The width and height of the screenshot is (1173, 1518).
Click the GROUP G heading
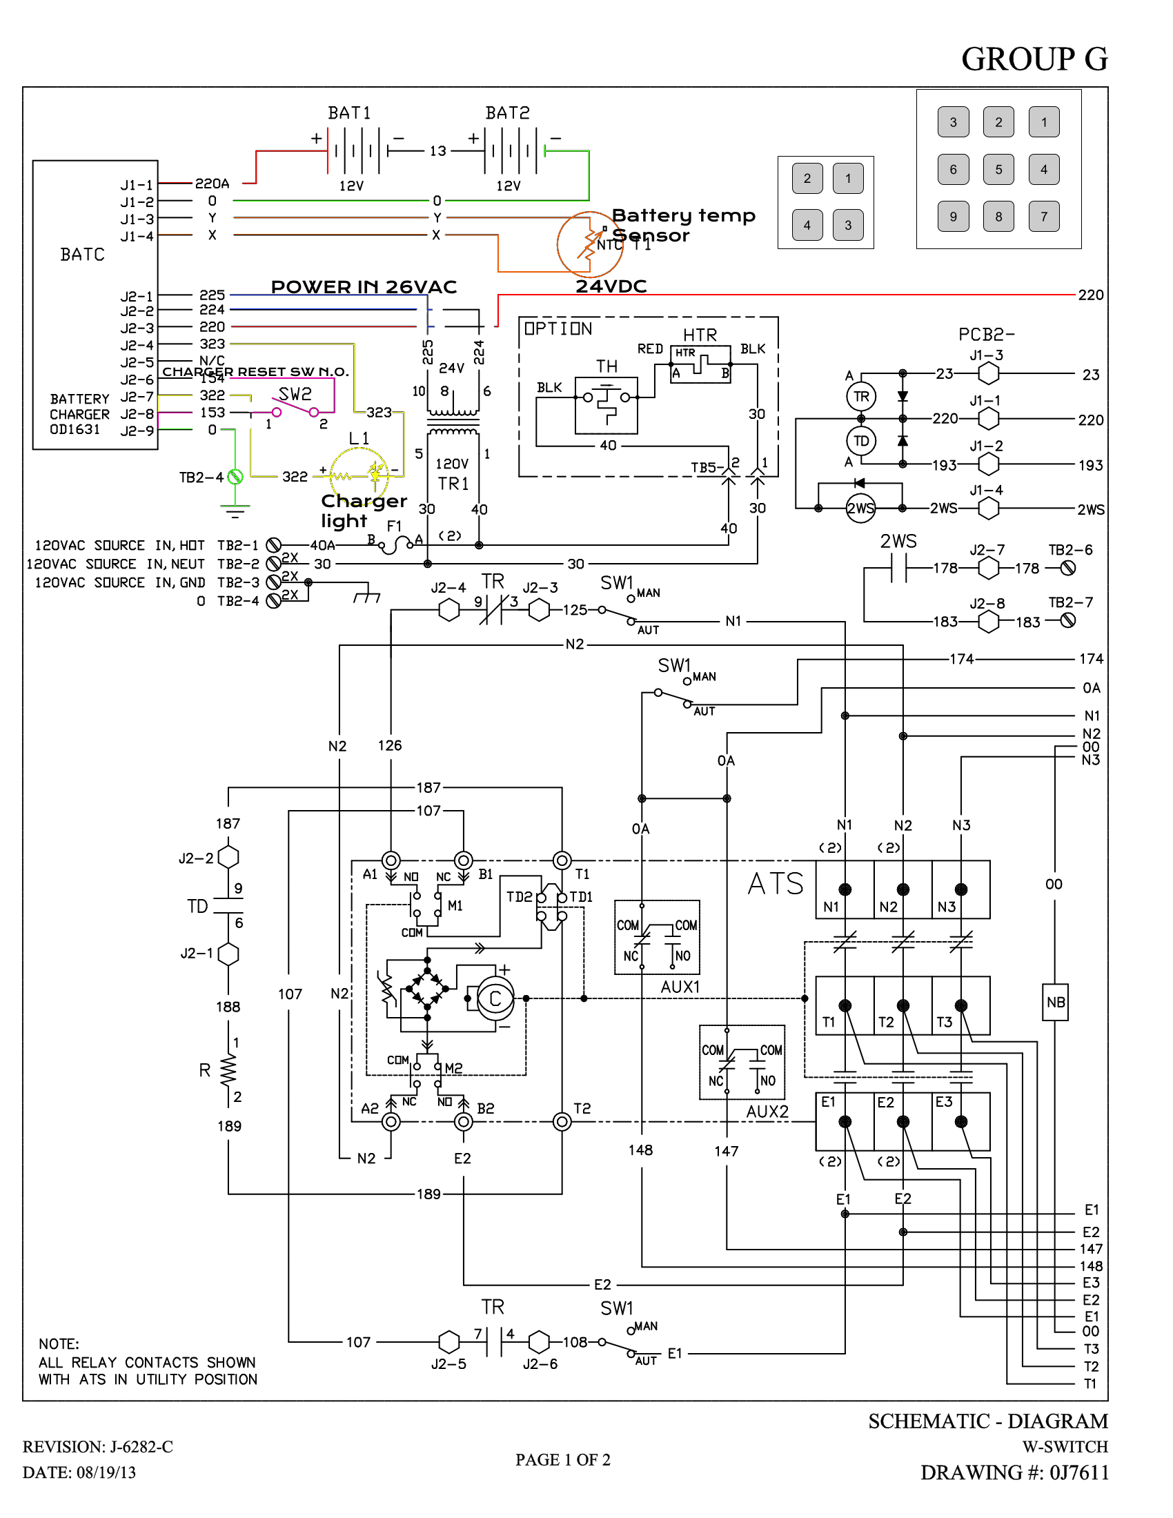click(1034, 59)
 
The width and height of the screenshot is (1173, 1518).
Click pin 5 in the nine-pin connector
click(998, 169)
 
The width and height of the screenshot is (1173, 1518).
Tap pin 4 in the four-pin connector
click(807, 225)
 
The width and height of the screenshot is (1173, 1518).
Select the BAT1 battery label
click(349, 112)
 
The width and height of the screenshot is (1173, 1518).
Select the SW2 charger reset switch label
click(295, 394)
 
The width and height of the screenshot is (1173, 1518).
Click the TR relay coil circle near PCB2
click(861, 397)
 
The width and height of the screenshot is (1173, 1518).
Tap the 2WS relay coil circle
click(860, 508)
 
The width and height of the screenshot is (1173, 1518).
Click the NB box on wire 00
click(1055, 1003)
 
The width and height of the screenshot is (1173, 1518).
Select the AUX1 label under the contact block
click(680, 987)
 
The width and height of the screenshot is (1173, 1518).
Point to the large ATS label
click(776, 884)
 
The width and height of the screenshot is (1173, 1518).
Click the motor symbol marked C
click(495, 1000)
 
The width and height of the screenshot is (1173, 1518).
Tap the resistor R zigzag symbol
click(228, 1070)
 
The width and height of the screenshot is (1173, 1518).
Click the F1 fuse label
click(394, 526)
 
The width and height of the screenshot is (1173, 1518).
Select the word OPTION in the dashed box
click(558, 328)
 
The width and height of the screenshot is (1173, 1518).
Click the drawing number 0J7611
click(1078, 1472)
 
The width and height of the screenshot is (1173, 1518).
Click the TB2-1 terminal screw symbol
click(274, 545)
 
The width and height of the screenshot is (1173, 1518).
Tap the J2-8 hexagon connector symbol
click(987, 622)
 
